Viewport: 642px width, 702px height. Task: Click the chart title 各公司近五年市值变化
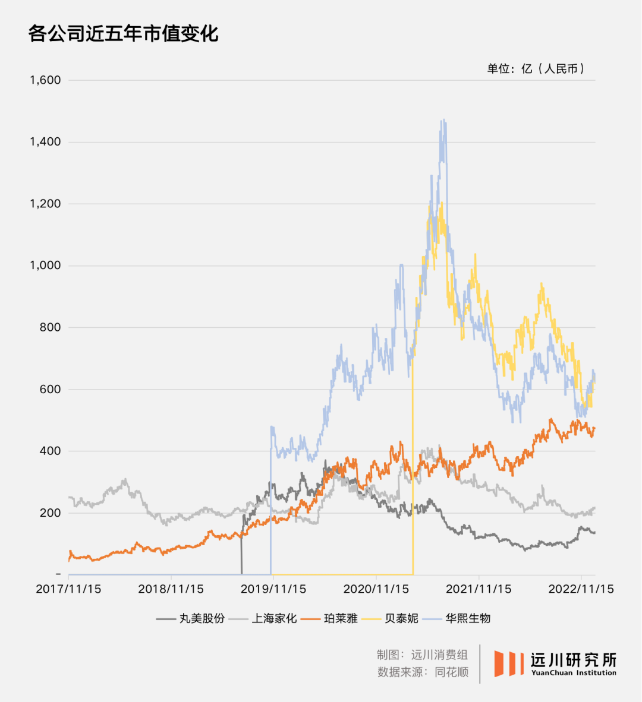tap(124, 33)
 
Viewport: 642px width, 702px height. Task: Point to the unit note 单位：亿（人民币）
tap(536, 69)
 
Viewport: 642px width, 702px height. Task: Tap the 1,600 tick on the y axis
tap(45, 80)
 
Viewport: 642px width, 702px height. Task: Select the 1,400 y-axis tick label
tap(45, 142)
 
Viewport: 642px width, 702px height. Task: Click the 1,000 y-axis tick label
tap(45, 265)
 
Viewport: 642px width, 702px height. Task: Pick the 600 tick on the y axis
tap(50, 389)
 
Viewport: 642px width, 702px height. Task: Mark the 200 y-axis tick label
tap(50, 513)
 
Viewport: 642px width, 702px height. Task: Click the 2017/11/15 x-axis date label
tap(68, 589)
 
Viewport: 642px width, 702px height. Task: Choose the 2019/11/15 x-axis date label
tap(273, 589)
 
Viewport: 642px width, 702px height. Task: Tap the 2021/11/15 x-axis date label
tap(479, 589)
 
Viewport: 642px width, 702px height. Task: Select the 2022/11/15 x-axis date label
tap(581, 589)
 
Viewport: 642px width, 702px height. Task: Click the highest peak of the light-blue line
tap(443, 121)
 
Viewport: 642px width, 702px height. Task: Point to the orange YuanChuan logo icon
tap(509, 663)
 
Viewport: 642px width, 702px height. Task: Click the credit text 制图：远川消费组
tap(422, 654)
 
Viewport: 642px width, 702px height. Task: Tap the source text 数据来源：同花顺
tap(423, 672)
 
